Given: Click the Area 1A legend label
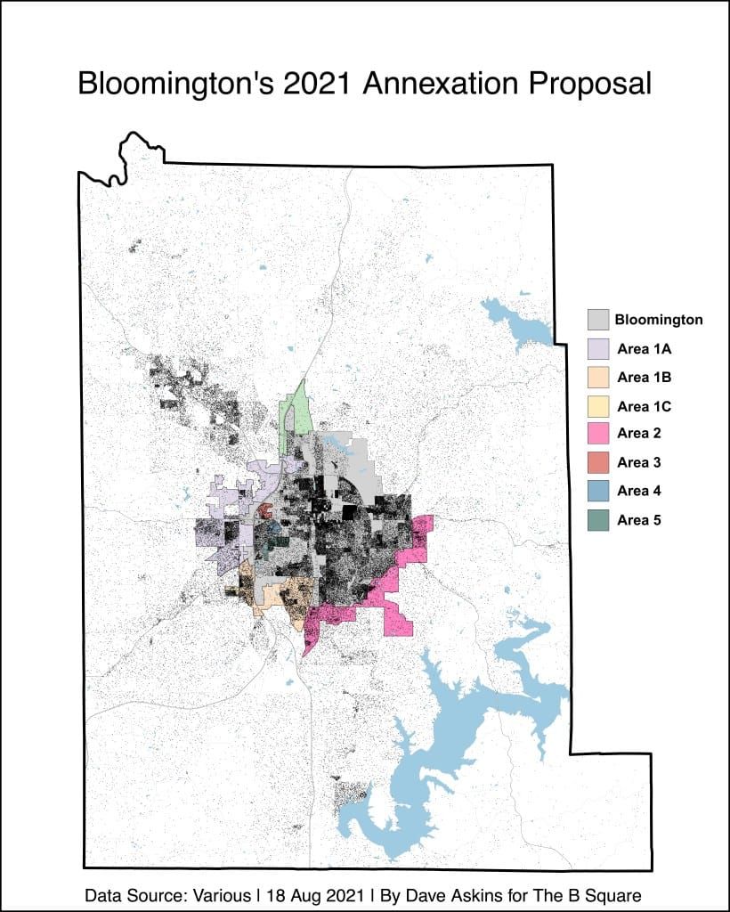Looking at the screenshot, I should point(643,348).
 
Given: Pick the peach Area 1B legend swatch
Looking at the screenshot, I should point(597,377).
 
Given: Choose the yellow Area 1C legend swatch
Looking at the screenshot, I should point(597,406).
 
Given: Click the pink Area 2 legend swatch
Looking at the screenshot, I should point(597,434).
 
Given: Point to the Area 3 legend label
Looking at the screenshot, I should point(638,462).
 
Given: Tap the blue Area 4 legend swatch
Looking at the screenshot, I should point(597,491).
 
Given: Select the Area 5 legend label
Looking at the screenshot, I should point(638,519).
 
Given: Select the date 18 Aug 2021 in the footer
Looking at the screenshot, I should point(312,895).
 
